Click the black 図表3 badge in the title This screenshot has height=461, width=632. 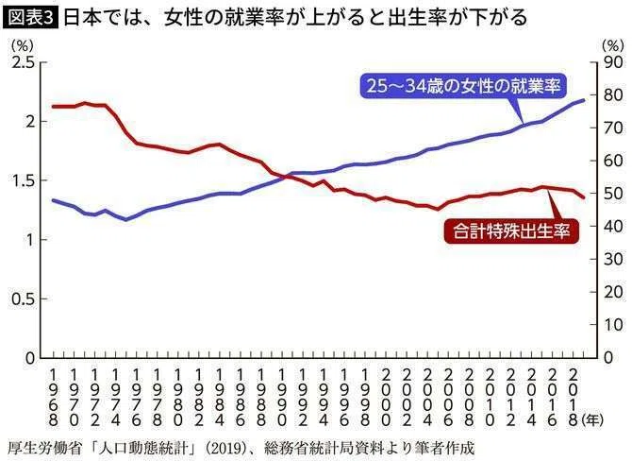point(30,18)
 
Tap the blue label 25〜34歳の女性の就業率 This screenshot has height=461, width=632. point(463,86)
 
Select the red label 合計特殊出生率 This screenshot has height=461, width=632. point(511,231)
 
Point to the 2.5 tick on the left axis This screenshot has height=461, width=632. point(24,63)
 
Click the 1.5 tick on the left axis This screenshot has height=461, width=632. point(24,180)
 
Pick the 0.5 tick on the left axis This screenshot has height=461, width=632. point(24,299)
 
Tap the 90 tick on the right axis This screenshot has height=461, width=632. point(613,63)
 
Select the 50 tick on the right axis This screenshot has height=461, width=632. point(613,194)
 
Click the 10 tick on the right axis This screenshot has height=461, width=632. point(613,325)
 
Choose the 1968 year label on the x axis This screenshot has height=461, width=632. point(53,398)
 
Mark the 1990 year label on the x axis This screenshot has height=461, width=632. point(282,398)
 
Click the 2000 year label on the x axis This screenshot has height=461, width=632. point(386,398)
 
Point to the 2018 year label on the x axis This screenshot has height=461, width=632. point(574,398)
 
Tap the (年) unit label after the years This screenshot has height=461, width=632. point(592,420)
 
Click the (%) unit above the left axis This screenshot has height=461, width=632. point(23,45)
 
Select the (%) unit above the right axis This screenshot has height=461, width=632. point(612,45)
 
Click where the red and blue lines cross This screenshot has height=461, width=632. point(287,176)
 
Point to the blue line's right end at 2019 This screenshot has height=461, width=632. point(584,99)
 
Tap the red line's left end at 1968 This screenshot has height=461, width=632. point(53,107)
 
